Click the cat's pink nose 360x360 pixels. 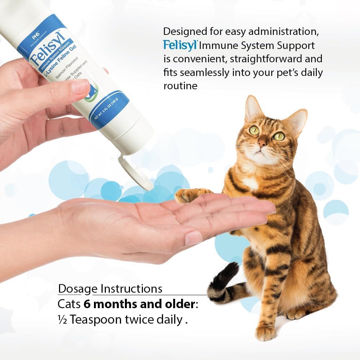(262, 143)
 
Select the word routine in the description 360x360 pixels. (180, 86)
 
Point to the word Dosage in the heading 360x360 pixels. (78, 289)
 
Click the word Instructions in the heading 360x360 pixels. (131, 289)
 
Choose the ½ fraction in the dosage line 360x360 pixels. (63, 319)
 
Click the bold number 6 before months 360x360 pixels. (87, 304)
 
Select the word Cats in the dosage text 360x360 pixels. (69, 304)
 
